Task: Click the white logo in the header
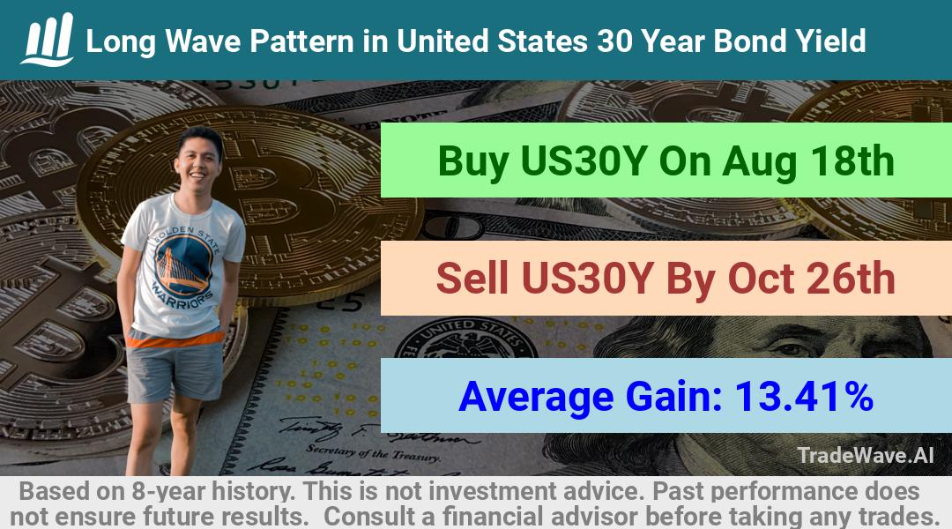coord(48,40)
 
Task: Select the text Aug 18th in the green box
coord(808,161)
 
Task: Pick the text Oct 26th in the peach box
coord(811,279)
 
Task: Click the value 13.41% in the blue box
coord(804,396)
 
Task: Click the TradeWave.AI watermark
coord(866,456)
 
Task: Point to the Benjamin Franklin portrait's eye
coord(788,348)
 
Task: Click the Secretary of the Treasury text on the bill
coord(373,452)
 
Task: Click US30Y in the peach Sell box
coord(587,279)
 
